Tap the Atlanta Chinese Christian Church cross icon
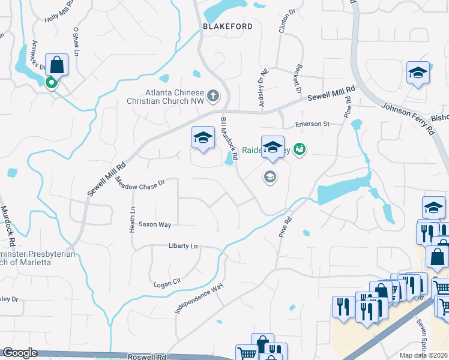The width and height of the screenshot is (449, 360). click(x=212, y=95)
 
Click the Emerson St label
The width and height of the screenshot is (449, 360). click(x=313, y=124)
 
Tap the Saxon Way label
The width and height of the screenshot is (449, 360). click(x=155, y=224)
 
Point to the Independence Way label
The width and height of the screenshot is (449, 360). click(x=199, y=298)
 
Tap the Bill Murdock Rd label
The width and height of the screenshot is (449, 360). click(x=229, y=139)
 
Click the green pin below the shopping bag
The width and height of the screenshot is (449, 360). click(x=53, y=83)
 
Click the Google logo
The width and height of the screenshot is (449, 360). click(x=19, y=353)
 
